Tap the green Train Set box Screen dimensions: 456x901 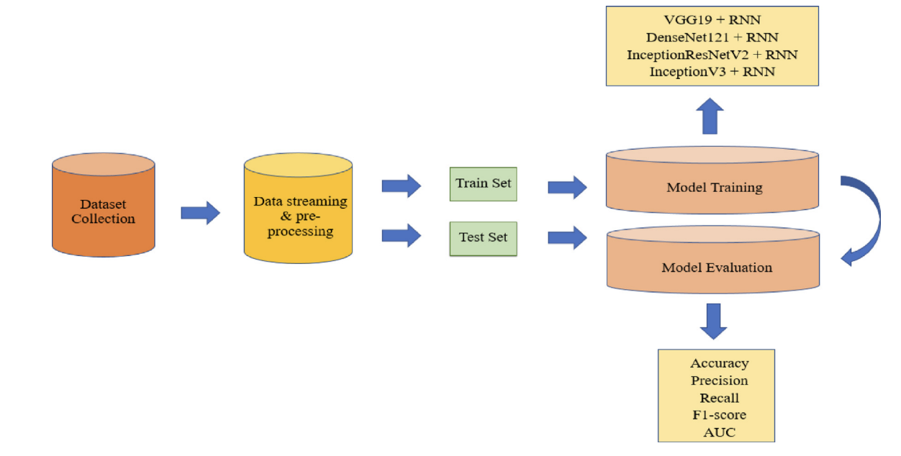click(483, 183)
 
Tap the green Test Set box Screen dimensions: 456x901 click(483, 237)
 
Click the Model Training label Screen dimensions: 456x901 click(714, 188)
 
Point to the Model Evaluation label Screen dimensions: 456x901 click(716, 268)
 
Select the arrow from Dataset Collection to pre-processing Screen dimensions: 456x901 click(200, 212)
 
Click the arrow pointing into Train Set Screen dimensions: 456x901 click(401, 185)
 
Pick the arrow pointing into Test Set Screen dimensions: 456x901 click(401, 235)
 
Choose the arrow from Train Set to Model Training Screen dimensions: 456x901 click(567, 187)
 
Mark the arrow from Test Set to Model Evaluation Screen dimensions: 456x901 click(567, 237)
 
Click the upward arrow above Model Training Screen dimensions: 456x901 click(712, 115)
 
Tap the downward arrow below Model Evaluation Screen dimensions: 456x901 click(713, 321)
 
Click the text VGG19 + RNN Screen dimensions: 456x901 click(712, 20)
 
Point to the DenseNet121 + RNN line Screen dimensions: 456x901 click(712, 37)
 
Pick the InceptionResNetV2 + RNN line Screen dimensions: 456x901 click(712, 55)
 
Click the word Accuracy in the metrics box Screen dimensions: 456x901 click(719, 363)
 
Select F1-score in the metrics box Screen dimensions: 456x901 click(719, 415)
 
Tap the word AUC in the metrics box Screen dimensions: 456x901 click(719, 432)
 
